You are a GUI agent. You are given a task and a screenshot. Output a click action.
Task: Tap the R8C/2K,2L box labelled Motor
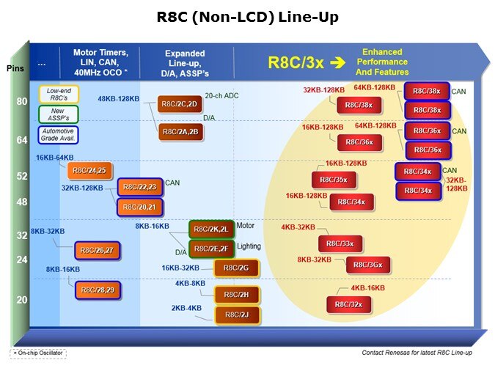pyautogui.click(x=210, y=229)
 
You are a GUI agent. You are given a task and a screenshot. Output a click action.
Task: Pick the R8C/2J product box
pyautogui.click(x=237, y=315)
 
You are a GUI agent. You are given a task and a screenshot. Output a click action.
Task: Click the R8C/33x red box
pyautogui.click(x=340, y=243)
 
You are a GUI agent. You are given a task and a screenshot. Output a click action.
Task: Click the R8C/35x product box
pyautogui.click(x=334, y=180)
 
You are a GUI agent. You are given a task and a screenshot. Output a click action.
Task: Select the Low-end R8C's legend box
pyautogui.click(x=59, y=94)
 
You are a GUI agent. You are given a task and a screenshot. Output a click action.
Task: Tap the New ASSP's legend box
pyautogui.click(x=58, y=114)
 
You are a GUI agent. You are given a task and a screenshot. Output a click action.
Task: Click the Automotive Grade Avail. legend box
pyautogui.click(x=58, y=134)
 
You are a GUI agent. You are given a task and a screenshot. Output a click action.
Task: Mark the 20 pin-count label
pyautogui.click(x=21, y=299)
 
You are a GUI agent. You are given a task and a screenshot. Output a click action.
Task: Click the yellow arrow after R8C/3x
pyautogui.click(x=337, y=62)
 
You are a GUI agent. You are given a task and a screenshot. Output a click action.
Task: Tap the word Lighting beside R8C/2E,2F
pyautogui.click(x=249, y=246)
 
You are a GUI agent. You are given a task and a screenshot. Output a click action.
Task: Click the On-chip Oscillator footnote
pyautogui.click(x=38, y=353)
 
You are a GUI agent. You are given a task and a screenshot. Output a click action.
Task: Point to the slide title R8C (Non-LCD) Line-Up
pyautogui.click(x=248, y=18)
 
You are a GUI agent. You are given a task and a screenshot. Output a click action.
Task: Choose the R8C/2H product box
pyautogui.click(x=237, y=294)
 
